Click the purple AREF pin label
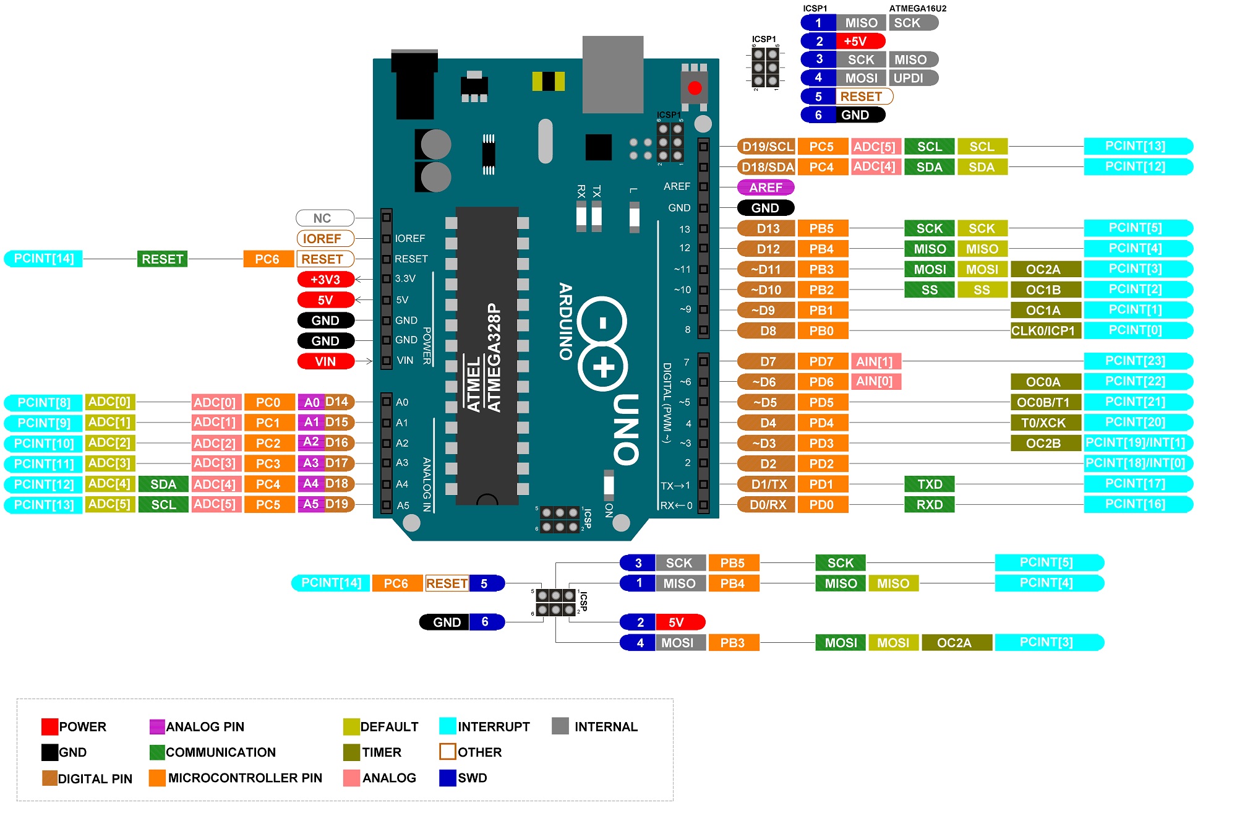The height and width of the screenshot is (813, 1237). click(766, 187)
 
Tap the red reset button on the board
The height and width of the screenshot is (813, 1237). click(695, 88)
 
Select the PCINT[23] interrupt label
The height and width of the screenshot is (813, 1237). click(1137, 361)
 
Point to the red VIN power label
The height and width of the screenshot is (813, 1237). click(326, 361)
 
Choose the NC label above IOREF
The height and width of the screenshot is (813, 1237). click(324, 218)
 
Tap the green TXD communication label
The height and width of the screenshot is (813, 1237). click(929, 484)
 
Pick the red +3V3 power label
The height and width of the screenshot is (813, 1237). click(326, 279)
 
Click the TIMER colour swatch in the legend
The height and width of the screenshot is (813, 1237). click(351, 752)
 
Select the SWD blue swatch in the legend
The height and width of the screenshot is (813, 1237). click(447, 778)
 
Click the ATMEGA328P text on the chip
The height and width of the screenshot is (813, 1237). click(494, 357)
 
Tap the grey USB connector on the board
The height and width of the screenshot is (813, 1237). click(612, 74)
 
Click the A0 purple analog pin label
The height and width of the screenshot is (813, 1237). click(311, 402)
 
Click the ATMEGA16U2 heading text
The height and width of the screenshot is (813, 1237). click(917, 8)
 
